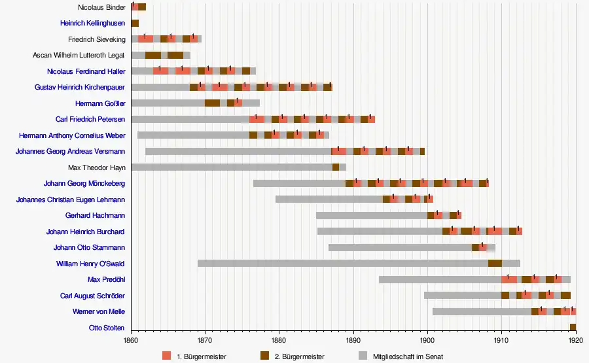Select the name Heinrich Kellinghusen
pos(92,24)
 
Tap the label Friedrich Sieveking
pos(96,39)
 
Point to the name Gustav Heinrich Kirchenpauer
pos(80,87)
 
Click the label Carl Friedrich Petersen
pos(90,119)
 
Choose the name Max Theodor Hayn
pos(96,167)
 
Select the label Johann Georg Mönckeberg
pos(84,183)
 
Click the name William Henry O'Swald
pos(90,264)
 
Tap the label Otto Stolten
pos(107,328)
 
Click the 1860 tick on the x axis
pos(131,341)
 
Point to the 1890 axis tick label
pos(353,341)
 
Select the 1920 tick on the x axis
pos(575,341)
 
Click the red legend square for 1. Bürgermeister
pos(167,356)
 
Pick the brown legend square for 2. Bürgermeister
pos(265,356)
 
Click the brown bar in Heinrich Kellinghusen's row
pos(135,24)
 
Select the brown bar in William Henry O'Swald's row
pos(495,264)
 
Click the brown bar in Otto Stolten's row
pos(573,328)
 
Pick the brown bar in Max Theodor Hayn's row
pos(336,167)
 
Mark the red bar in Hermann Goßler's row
pos(238,103)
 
